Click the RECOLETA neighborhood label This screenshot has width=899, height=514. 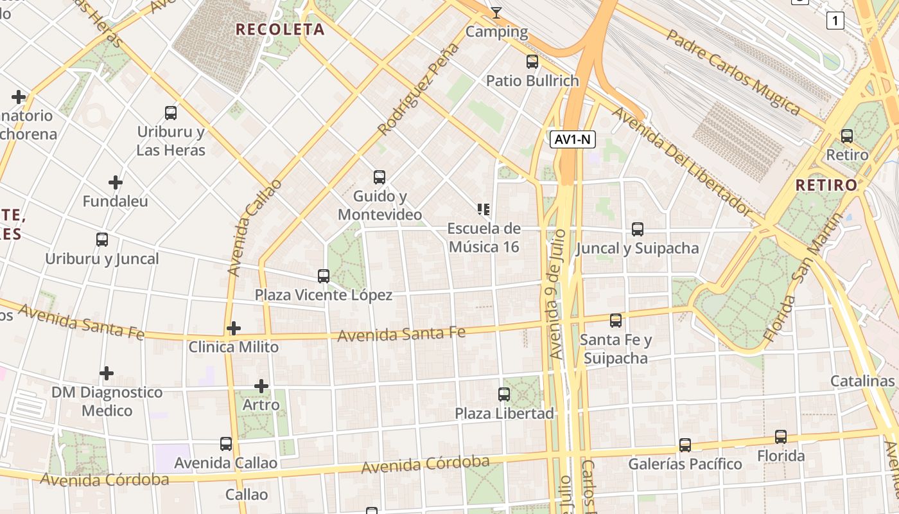(280, 29)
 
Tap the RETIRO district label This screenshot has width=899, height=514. (826, 185)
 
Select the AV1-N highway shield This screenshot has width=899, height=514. (573, 139)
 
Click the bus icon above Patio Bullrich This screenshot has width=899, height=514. (532, 62)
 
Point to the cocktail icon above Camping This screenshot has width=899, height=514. (496, 12)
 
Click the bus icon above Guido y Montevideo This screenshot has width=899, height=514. (380, 177)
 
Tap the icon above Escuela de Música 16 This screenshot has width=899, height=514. (484, 209)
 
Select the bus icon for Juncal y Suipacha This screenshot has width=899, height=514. (638, 229)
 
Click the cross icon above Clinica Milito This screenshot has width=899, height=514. (234, 328)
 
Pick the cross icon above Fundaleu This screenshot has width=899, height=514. (116, 182)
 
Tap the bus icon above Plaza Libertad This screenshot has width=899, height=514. (504, 394)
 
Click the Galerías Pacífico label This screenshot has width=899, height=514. (685, 464)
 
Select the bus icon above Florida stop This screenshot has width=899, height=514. (781, 437)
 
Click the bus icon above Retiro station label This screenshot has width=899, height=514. (847, 136)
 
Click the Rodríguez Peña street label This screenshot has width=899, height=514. (419, 89)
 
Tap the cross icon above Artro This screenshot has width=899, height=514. (261, 386)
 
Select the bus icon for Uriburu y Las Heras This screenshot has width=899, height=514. (171, 113)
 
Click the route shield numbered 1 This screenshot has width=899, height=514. (835, 21)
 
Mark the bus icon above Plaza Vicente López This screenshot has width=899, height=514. (324, 276)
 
